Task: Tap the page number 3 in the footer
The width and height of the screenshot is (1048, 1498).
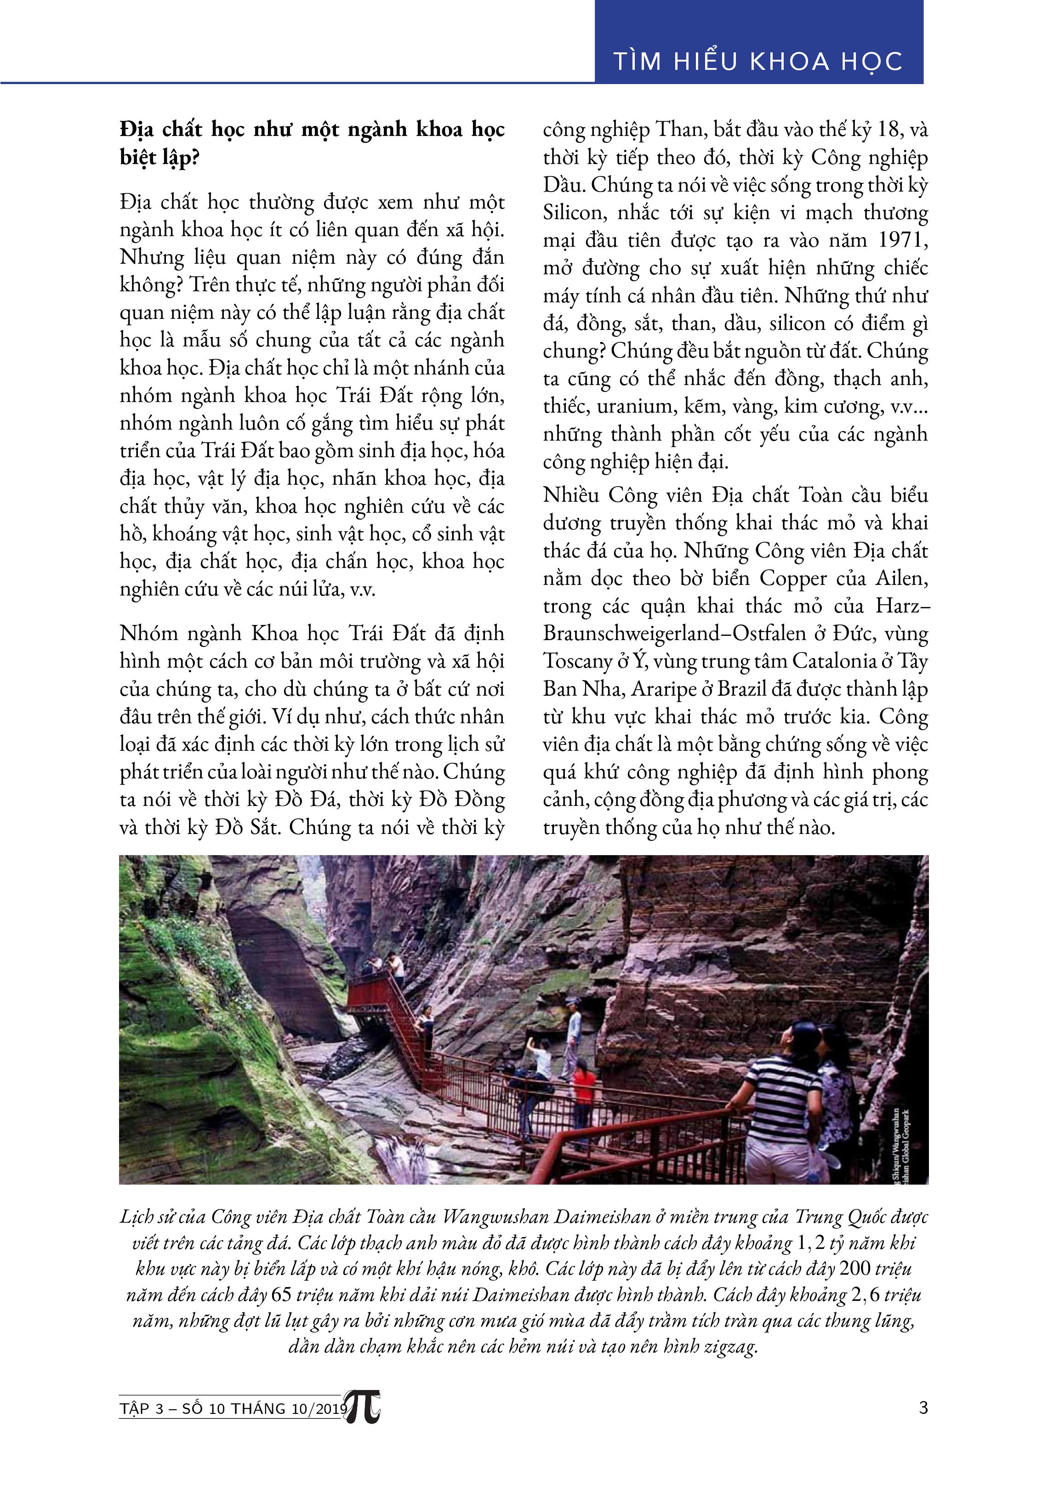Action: pos(923,1407)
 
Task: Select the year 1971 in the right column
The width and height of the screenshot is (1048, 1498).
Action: pos(903,240)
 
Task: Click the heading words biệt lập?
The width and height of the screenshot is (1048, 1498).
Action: pos(159,159)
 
